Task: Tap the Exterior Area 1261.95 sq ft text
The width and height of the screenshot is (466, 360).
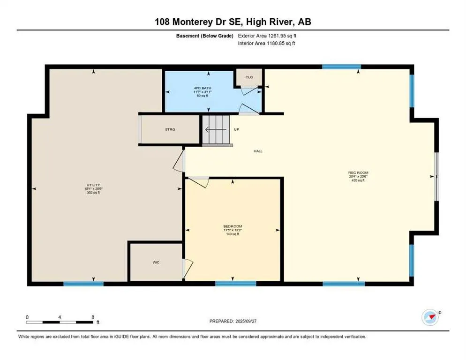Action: coord(267,36)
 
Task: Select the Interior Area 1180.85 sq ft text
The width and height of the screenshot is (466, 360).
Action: coord(266,43)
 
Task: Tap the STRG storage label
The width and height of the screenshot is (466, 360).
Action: coord(170,129)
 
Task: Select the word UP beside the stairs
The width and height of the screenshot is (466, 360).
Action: coord(237,129)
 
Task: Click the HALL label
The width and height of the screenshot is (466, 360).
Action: coord(258,151)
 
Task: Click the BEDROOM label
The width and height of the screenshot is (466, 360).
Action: coord(233,226)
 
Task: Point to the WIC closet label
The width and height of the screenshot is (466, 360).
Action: coord(156,262)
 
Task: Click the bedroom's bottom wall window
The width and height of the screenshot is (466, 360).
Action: coord(235,283)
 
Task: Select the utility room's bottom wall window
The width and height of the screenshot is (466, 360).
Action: coord(83,283)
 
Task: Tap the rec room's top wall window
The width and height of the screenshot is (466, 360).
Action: coord(341,67)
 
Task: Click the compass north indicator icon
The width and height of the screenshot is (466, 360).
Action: coord(429,317)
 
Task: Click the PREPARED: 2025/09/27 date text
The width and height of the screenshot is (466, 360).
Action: coord(233,321)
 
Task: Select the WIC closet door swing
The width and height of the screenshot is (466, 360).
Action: coord(188,267)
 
